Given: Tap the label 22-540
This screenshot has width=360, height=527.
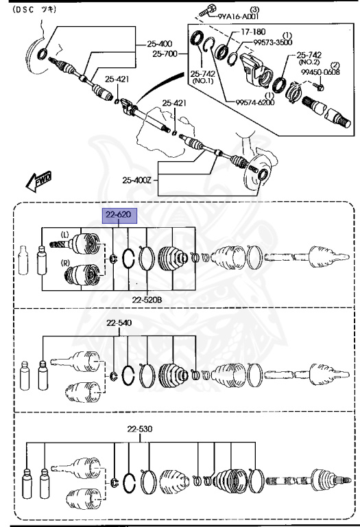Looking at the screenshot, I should click(x=119, y=323).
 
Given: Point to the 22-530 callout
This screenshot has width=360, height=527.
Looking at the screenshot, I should click(x=140, y=429).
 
